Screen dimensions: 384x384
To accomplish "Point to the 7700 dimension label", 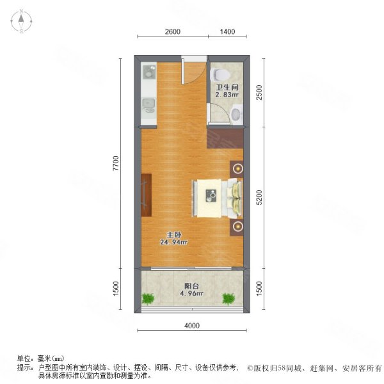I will tap(116, 164).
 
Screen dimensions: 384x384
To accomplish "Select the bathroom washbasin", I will tap(236, 115).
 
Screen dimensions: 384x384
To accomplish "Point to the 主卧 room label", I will tap(173, 234).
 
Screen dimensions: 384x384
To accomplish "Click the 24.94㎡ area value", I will tap(173, 243).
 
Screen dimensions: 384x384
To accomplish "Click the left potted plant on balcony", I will tap(149, 298).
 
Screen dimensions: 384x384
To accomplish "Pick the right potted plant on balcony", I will tap(228, 298).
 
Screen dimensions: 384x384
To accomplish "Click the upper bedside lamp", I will tap(238, 169).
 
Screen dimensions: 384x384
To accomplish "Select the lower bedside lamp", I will tap(238, 226).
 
